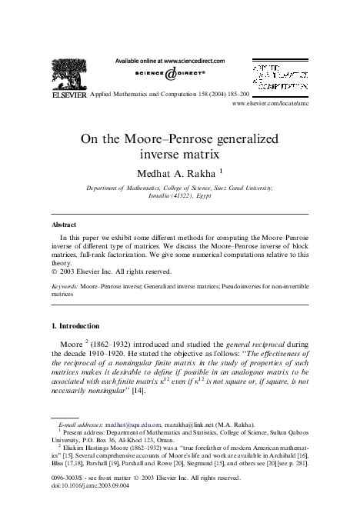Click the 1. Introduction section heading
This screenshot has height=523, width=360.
tap(78, 326)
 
